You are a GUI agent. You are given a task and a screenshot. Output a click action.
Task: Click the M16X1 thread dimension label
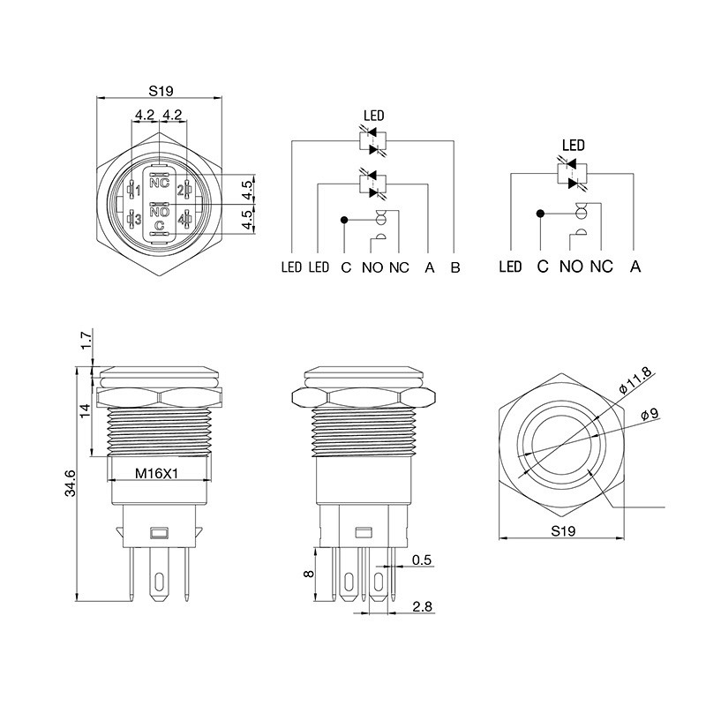click(x=157, y=473)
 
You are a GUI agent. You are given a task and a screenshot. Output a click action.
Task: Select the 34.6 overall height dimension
click(x=71, y=483)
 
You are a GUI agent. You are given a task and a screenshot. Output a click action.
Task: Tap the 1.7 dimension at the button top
click(x=86, y=339)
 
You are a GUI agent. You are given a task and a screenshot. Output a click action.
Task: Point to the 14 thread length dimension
click(x=85, y=410)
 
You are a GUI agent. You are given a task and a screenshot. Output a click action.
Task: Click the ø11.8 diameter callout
click(x=635, y=380)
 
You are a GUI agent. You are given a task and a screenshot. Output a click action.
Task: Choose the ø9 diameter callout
click(x=650, y=413)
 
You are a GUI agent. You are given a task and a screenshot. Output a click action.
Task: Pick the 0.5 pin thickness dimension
click(x=422, y=560)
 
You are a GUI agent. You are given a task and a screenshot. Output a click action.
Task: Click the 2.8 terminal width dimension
click(x=423, y=606)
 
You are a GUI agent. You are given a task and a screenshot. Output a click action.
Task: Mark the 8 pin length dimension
click(x=309, y=574)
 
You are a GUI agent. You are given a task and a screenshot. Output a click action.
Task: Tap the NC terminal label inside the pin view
click(x=160, y=184)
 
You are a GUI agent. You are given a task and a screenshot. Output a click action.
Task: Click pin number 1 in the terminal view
click(x=138, y=192)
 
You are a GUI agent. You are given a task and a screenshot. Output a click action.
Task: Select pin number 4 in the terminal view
click(x=182, y=220)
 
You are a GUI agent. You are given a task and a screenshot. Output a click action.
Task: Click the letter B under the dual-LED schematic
click(x=455, y=267)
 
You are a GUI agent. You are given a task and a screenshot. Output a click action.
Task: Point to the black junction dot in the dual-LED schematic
click(x=344, y=220)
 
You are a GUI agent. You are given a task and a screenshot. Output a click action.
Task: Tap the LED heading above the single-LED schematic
click(x=573, y=145)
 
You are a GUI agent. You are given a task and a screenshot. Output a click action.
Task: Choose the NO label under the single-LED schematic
click(x=571, y=267)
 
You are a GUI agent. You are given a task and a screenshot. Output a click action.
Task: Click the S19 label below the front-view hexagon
click(x=563, y=531)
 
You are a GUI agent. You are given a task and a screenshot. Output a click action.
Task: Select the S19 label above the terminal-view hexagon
click(x=161, y=92)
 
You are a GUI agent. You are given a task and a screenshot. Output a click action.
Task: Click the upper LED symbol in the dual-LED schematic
click(x=372, y=141)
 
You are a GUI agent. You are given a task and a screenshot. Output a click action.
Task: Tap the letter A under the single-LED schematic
click(x=635, y=267)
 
